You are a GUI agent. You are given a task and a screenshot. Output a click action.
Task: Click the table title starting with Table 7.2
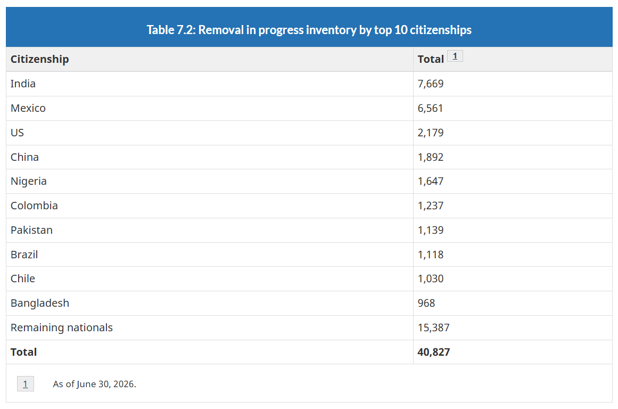point(309,30)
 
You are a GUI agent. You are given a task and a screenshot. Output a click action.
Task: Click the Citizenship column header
point(39,59)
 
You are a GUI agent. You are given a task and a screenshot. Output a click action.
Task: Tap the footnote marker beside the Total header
point(455,56)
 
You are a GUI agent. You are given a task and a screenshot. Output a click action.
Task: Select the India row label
point(23,84)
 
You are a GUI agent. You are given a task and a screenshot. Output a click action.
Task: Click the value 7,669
point(431,84)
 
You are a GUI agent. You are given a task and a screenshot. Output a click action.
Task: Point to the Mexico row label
point(28,108)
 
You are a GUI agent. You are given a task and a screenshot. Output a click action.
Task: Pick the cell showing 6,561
point(431,108)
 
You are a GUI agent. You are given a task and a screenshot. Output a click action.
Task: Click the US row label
point(17,133)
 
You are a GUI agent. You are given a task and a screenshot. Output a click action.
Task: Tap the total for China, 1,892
point(431,157)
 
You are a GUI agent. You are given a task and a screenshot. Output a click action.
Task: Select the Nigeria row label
point(28,181)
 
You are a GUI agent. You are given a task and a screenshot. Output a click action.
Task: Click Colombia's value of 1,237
point(431,206)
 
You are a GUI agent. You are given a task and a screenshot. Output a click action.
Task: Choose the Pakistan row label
point(31,230)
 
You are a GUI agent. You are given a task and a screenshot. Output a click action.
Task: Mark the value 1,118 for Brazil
point(431,255)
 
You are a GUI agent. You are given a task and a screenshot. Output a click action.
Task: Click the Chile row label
point(23,279)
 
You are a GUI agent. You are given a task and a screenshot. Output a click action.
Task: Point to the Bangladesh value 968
point(426,303)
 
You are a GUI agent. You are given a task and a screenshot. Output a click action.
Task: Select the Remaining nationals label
point(62,328)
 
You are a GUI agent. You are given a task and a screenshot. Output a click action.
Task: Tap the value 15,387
point(433,328)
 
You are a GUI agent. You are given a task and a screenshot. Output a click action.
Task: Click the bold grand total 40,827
point(433,352)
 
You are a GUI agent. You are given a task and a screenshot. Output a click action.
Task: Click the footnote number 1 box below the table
point(25,384)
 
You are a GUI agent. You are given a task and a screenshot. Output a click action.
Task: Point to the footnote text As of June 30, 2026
point(95,384)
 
